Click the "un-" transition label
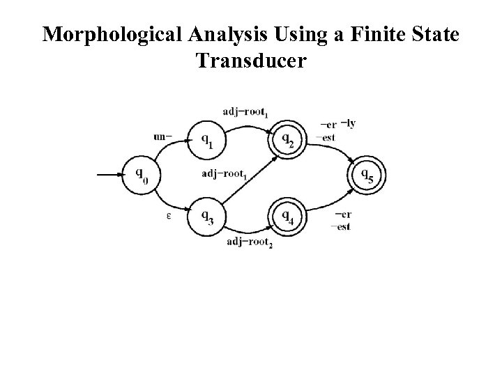click(164, 136)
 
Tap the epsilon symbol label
click(169, 217)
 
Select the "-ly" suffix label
click(347, 124)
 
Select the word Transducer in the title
click(250, 61)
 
